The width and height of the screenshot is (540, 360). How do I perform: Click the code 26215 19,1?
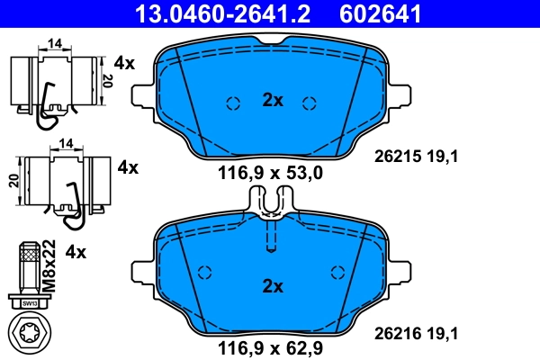coord(417,156)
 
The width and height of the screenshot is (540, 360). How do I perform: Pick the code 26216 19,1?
coord(417,334)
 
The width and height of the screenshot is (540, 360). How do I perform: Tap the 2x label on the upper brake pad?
coord(272,101)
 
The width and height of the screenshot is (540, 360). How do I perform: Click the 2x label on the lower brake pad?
coord(272,286)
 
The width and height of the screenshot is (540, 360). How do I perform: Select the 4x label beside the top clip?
coord(125,63)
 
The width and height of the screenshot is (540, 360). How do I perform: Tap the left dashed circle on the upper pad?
coord(232,102)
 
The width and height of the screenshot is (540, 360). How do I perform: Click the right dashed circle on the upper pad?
coord(310,102)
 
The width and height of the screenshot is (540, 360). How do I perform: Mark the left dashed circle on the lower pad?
coord(204,273)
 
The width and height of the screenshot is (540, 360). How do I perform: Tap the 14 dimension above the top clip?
coord(55,42)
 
